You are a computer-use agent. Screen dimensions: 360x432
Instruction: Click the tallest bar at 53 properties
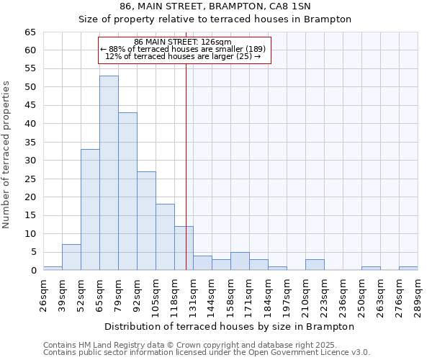tap(109, 173)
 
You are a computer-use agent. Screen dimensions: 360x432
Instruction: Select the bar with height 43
tap(127, 192)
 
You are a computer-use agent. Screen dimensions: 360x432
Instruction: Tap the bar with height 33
tap(90, 210)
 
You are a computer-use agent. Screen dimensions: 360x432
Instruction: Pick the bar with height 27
tap(146, 220)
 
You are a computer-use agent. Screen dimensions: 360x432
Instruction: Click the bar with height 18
tap(165, 237)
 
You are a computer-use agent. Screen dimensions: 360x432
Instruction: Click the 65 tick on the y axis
tap(30, 32)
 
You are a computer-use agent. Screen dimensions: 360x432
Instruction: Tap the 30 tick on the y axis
tap(30, 161)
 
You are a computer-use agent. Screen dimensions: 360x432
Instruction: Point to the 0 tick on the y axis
tap(33, 271)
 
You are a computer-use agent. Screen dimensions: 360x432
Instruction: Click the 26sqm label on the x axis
tap(43, 294)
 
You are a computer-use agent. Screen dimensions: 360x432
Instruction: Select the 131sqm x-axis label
tap(193, 294)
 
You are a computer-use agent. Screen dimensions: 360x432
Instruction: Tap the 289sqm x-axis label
tap(418, 294)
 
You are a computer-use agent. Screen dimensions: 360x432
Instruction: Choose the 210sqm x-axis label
tap(305, 294)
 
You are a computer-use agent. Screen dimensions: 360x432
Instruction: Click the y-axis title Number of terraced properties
tap(6, 154)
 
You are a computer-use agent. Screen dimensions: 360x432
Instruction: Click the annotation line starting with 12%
tap(183, 56)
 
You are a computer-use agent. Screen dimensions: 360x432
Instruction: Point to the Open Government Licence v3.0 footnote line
tap(206, 353)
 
